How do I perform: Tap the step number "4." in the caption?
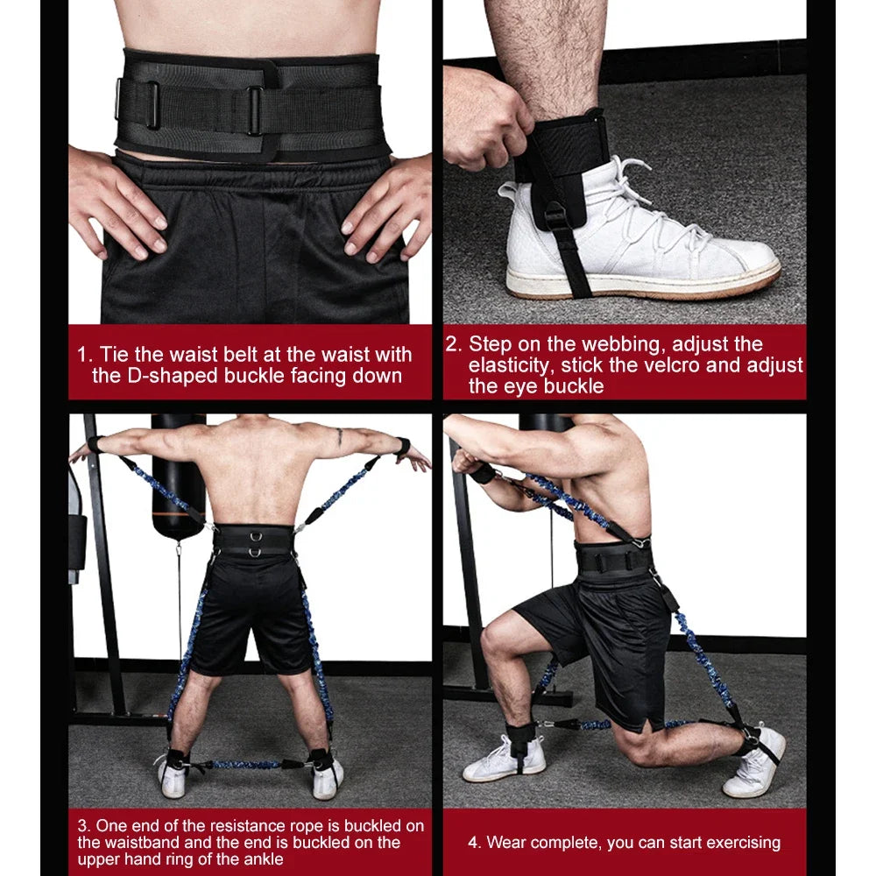pos(475,843)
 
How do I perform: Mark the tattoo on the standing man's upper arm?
pos(339,435)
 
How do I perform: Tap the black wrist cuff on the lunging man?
pos(482,473)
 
